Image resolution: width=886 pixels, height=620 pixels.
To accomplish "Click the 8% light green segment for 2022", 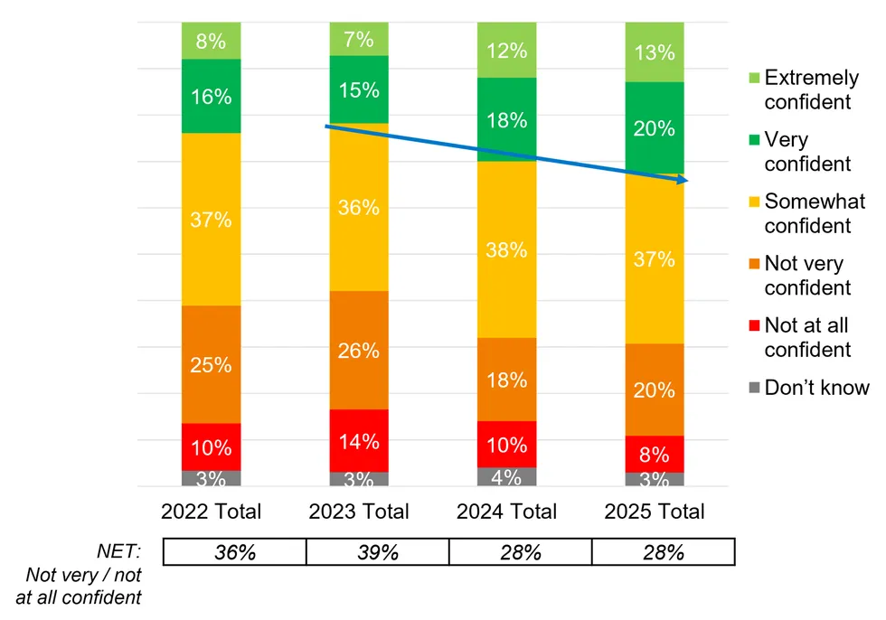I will [x=211, y=41].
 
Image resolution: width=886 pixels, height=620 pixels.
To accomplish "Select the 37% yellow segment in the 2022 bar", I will [x=211, y=219].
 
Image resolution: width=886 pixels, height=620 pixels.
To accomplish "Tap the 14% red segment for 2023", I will [x=359, y=440].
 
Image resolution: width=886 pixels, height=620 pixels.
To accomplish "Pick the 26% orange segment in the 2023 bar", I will [x=359, y=350].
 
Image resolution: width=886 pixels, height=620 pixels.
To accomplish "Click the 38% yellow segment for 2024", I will [x=506, y=249].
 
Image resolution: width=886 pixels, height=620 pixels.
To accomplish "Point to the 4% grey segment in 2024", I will [x=506, y=476].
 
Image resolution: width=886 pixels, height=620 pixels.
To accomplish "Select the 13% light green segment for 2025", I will [x=655, y=52].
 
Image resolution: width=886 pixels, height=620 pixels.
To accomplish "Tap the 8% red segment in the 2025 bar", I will [x=655, y=454].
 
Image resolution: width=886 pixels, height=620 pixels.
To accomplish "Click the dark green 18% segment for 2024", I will [x=506, y=119].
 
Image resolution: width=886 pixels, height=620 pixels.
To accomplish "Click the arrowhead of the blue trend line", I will [x=683, y=181].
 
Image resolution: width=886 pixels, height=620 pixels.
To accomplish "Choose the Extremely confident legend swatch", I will [x=751, y=78].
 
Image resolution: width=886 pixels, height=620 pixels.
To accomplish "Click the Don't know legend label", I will [x=816, y=388].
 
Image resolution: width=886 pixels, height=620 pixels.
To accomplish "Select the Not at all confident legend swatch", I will [x=751, y=325].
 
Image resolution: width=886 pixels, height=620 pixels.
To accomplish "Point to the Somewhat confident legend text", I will [x=814, y=213].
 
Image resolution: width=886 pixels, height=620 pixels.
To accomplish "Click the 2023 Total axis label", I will [x=359, y=512].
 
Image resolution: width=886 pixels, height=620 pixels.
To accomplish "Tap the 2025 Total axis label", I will [x=655, y=512].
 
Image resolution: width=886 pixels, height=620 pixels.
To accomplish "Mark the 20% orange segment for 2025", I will [x=655, y=390].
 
